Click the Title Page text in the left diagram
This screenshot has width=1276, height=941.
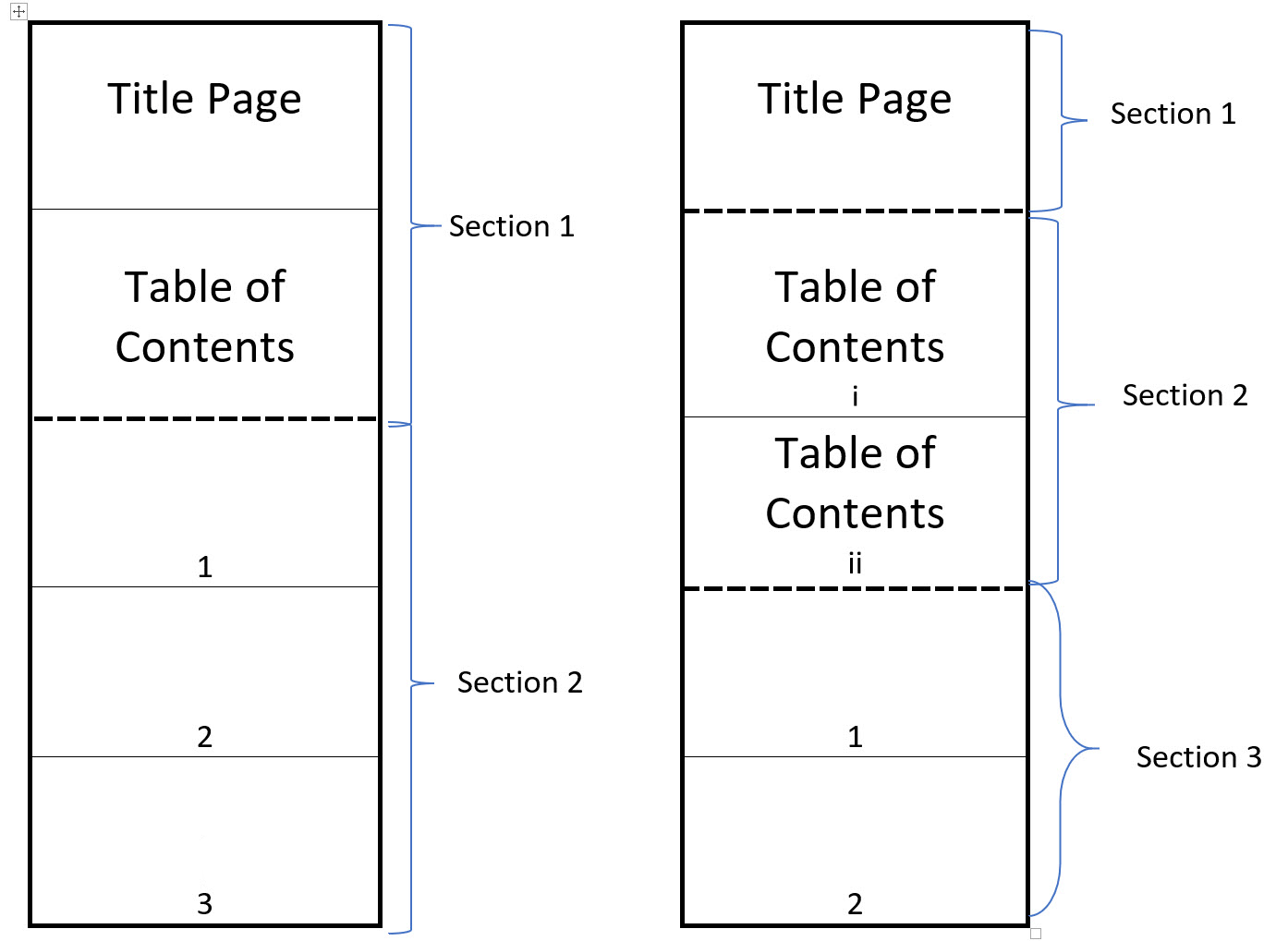[204, 99]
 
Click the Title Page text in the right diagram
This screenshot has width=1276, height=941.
[855, 99]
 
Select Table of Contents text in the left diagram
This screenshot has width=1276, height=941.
[204, 317]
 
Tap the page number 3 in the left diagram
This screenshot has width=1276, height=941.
[205, 903]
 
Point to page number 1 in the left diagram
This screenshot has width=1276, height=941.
[205, 566]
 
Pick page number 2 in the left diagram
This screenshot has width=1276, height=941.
[205, 736]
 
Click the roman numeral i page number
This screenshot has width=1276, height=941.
[855, 396]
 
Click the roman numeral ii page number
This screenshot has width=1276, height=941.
[855, 562]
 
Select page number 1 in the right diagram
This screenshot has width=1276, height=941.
[855, 736]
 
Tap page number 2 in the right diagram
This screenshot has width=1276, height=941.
[855, 903]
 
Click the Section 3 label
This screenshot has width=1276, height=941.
[1198, 757]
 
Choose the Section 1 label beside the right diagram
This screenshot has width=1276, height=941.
[1173, 114]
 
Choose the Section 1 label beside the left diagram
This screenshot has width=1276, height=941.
[511, 226]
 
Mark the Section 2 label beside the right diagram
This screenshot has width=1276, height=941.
[1185, 395]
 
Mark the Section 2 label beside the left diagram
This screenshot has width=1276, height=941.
[519, 682]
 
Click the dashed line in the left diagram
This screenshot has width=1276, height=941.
[204, 419]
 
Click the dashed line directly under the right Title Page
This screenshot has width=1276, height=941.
[855, 211]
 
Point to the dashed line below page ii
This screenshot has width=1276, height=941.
[855, 588]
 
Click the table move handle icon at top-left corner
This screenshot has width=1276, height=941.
[18, 12]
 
